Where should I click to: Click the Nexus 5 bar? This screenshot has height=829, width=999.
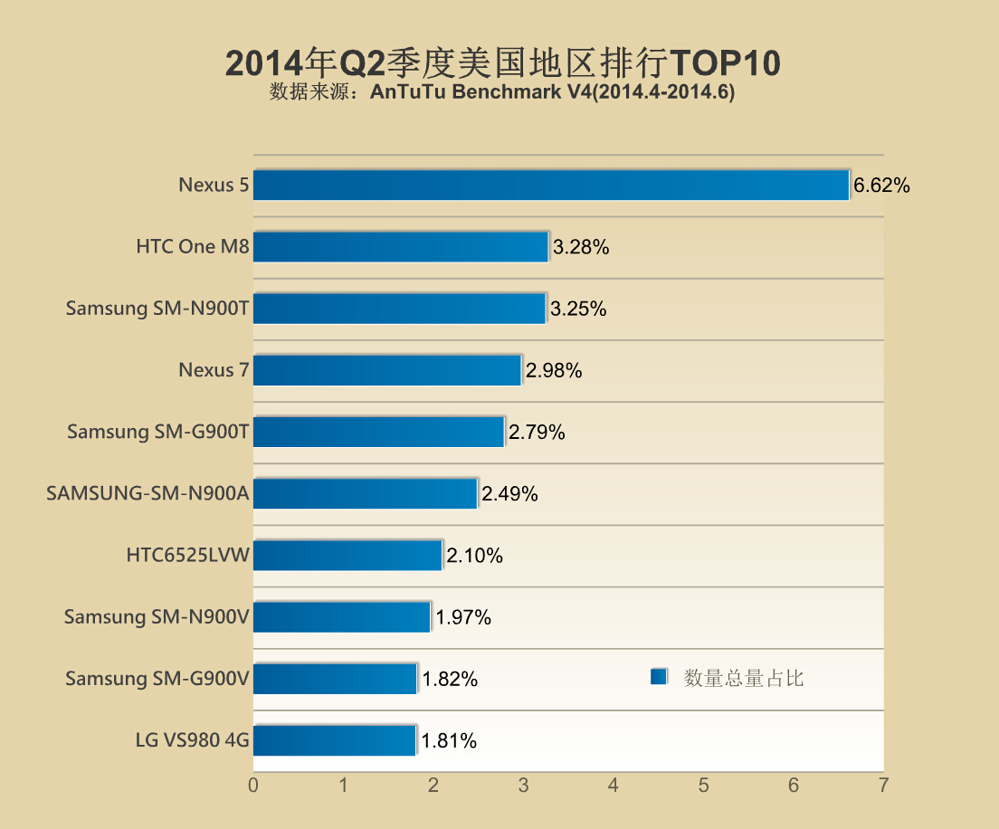(551, 185)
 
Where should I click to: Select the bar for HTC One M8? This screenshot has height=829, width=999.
(401, 246)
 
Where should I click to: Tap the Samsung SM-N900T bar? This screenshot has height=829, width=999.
(399, 308)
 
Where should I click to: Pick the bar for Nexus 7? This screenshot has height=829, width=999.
(387, 369)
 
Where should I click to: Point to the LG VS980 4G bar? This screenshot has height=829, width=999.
(335, 740)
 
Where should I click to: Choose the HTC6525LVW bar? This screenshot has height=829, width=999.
(347, 555)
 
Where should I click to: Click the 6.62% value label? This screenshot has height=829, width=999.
(881, 186)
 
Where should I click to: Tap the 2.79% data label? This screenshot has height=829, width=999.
(537, 433)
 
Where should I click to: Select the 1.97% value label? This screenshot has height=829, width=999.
(463, 618)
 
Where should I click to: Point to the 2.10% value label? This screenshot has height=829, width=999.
(474, 556)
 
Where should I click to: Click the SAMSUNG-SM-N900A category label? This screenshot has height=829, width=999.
(148, 494)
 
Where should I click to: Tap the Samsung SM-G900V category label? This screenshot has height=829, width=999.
(157, 679)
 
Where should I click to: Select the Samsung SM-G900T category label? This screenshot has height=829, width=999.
(157, 433)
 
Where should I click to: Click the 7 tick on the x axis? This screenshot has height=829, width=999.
(883, 785)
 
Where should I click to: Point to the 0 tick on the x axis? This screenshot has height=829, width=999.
(253, 785)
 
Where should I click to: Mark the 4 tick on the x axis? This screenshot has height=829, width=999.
(614, 785)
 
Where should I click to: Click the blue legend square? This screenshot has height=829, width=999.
(659, 677)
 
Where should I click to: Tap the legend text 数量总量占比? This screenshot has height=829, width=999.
(744, 678)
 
